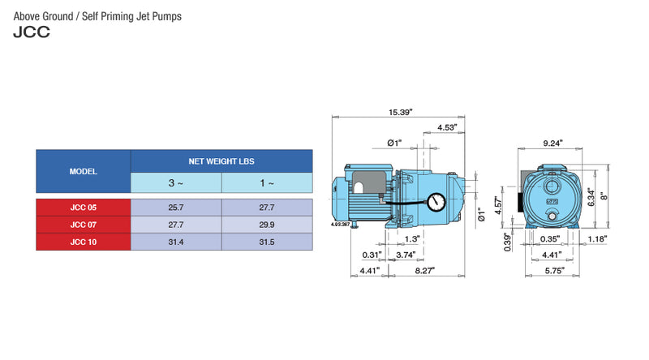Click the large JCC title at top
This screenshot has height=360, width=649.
(32, 33)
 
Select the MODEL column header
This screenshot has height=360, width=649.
(83, 171)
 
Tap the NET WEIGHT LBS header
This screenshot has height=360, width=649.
(221, 161)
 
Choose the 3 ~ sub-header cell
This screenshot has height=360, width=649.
(176, 183)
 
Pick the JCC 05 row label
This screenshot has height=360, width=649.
(83, 208)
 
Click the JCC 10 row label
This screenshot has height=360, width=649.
(83, 242)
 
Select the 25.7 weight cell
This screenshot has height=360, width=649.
(176, 208)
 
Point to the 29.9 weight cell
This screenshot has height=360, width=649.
(266, 225)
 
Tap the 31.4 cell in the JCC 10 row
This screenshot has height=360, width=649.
(176, 242)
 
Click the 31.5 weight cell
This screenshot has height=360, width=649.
(266, 242)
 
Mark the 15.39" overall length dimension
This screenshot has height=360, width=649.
(400, 112)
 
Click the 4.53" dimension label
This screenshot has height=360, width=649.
(446, 127)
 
